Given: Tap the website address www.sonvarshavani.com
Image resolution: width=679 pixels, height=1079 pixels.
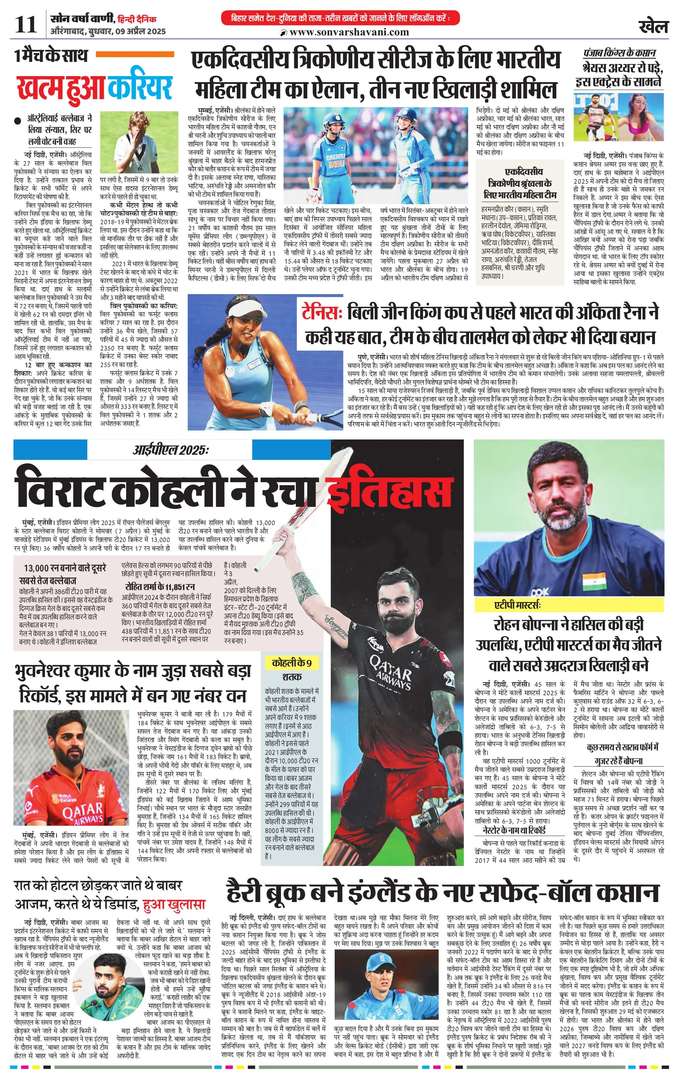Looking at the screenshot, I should [349, 32].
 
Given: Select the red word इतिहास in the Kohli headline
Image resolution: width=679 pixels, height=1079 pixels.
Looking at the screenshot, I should [389, 492].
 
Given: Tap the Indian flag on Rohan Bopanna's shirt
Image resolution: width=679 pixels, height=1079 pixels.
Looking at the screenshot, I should [594, 578].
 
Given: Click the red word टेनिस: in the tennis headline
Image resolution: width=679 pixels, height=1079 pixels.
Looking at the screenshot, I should [322, 312].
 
